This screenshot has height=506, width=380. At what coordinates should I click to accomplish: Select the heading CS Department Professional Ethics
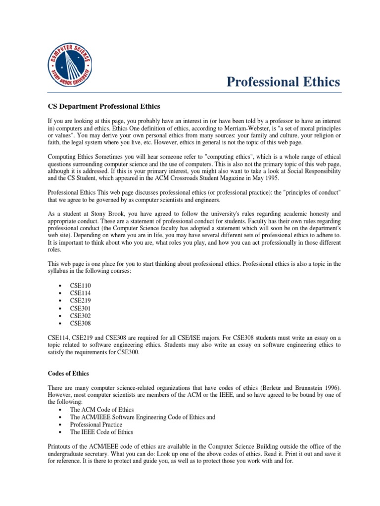(104, 106)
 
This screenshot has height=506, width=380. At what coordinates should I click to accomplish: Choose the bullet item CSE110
(80, 286)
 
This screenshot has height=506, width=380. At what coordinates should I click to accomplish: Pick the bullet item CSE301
(80, 308)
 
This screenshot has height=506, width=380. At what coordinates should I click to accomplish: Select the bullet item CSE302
(80, 316)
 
